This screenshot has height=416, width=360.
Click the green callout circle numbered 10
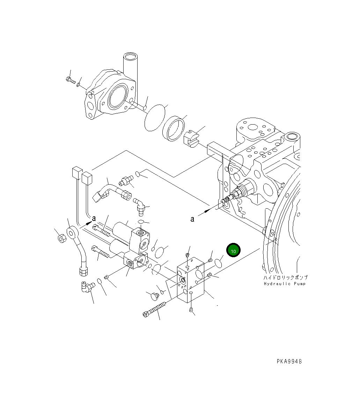pos(233,251)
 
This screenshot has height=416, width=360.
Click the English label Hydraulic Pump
pos(285,284)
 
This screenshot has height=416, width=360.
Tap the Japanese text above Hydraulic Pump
pos(285,277)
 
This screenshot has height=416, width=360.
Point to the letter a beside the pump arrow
pos(192,219)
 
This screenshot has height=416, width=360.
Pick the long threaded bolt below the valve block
pos(155,310)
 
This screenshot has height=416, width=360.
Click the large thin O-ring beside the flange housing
pos(154,117)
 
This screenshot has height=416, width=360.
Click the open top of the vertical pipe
pos(131,56)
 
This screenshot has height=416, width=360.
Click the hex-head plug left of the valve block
pos(154,296)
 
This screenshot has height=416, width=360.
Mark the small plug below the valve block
pos(191,310)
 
